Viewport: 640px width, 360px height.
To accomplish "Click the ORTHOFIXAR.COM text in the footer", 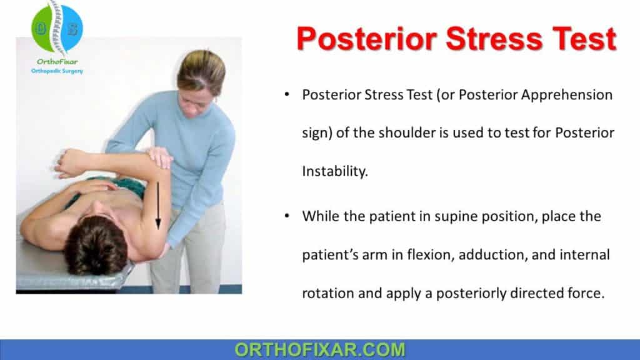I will [x=320, y=349].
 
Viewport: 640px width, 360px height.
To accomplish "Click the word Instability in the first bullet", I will [x=334, y=171].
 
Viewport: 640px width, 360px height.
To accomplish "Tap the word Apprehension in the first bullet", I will [x=557, y=95].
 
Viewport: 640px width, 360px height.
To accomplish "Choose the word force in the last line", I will [x=589, y=293].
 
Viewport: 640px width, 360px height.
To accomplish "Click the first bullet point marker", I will [x=286, y=96].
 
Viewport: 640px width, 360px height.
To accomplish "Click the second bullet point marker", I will [x=286, y=217].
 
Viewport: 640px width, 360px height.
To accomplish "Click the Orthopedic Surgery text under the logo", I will [x=57, y=71].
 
